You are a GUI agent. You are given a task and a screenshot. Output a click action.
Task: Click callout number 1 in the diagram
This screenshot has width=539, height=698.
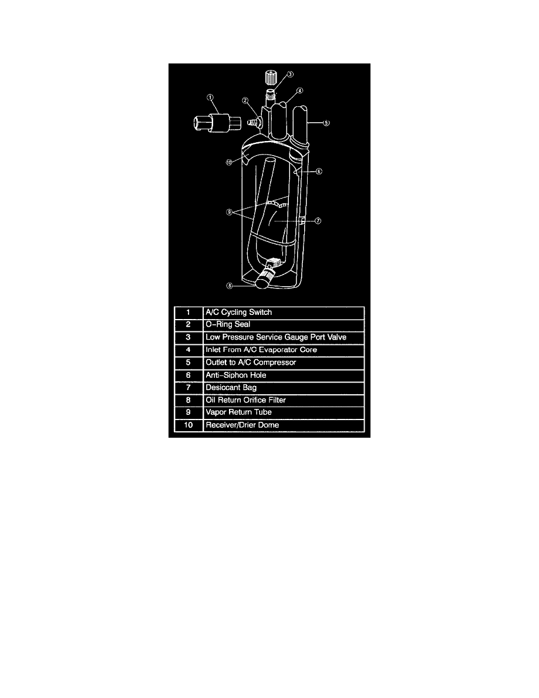pyautogui.click(x=210, y=98)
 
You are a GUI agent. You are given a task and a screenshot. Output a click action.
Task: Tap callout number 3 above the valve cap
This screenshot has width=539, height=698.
pyautogui.click(x=290, y=75)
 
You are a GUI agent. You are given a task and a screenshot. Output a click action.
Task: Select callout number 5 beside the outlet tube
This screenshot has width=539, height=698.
pyautogui.click(x=326, y=123)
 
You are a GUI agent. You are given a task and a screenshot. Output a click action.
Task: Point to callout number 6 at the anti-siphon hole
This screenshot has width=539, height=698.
pyautogui.click(x=319, y=172)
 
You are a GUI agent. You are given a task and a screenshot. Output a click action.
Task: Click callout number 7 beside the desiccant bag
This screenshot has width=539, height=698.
pyautogui.click(x=318, y=221)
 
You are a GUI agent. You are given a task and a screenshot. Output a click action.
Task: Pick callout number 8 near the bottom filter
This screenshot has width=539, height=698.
pyautogui.click(x=230, y=286)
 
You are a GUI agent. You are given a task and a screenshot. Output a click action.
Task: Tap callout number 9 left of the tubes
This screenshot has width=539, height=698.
pyautogui.click(x=230, y=212)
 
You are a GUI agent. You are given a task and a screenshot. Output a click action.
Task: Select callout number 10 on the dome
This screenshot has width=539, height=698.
pyautogui.click(x=229, y=163)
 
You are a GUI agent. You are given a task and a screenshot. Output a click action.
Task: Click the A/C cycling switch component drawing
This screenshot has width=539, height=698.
pyautogui.click(x=217, y=122)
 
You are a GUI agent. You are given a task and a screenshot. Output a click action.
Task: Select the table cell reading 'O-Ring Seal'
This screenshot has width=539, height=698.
pyautogui.click(x=284, y=325)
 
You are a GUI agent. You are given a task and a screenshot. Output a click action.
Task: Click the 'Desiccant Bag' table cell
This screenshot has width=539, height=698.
pyautogui.click(x=284, y=388)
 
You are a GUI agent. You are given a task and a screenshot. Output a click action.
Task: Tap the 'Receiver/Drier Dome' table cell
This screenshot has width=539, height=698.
pyautogui.click(x=284, y=425)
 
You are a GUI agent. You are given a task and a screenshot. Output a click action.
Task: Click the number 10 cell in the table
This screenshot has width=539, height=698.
pyautogui.click(x=188, y=425)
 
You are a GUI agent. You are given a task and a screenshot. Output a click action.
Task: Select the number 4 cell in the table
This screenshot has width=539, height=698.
pyautogui.click(x=188, y=350)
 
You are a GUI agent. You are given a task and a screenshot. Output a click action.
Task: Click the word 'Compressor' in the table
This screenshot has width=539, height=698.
pyautogui.click(x=274, y=363)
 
